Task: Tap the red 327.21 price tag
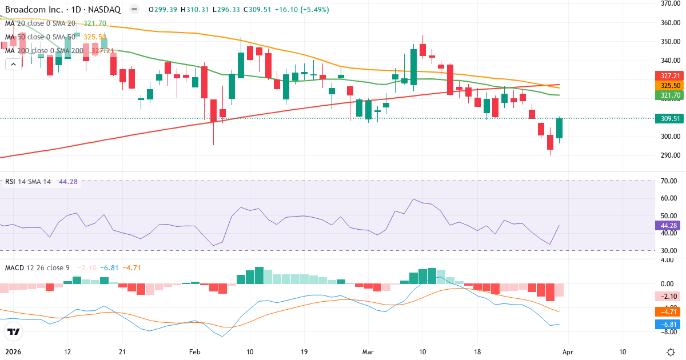tap(668, 75)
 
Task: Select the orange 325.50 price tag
tap(668, 85)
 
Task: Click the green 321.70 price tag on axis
tap(668, 95)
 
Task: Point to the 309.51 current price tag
tap(668, 118)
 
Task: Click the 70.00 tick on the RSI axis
tap(668, 181)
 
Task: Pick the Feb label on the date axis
tap(196, 351)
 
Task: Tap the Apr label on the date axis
tap(568, 351)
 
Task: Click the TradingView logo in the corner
tap(14, 331)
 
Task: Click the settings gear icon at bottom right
tap(672, 351)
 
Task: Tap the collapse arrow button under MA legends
tap(13, 65)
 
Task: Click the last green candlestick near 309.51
tap(560, 129)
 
